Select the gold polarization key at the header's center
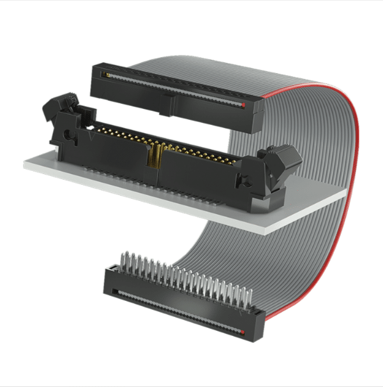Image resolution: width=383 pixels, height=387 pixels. coord(154,156)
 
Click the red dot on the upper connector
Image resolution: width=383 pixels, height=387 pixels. coord(244,103)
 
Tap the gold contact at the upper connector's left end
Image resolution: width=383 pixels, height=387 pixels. coord(106,75)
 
